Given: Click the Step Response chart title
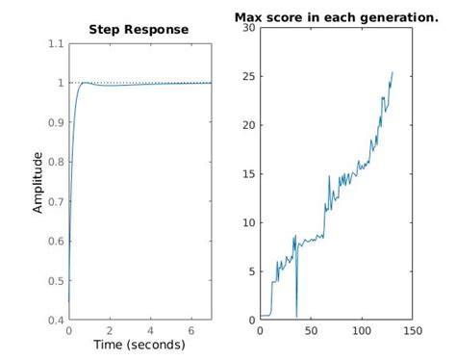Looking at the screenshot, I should tap(139, 30).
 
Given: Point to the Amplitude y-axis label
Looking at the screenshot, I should tap(38, 181).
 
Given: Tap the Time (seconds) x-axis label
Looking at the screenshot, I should tap(139, 345).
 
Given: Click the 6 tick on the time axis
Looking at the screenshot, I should tap(190, 330).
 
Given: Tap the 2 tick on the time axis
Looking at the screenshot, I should tap(109, 330).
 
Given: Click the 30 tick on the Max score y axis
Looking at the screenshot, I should tap(249, 27).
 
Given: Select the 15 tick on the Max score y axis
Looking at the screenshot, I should tap(249, 173).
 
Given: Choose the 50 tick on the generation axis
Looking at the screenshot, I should tap(311, 330).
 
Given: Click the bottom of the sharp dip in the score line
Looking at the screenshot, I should tap(296, 316).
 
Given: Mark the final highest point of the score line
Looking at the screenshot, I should tap(393, 72).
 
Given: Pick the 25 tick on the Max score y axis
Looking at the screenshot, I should tap(249, 76).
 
